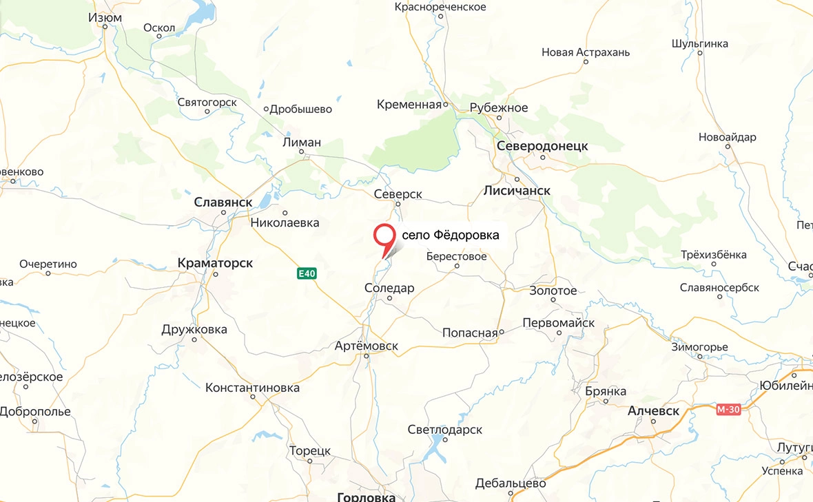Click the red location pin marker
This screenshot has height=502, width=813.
pos(384,236)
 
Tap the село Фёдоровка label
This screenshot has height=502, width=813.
pos(450,236)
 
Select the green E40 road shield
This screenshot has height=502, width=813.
pos(307,273)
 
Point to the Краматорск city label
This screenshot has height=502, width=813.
pos(215,263)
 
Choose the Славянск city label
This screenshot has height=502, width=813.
pos(223,202)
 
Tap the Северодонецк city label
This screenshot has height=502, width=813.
pos(542,146)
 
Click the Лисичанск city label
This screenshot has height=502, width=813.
pos(517,190)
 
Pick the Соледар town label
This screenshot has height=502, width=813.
pos(389,288)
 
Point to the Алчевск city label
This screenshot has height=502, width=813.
pos(653,411)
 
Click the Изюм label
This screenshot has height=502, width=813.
pos(105,17)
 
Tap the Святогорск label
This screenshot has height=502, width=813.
pos(207,103)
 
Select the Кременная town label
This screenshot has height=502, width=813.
pos(409,105)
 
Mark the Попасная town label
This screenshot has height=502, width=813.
pos(469,333)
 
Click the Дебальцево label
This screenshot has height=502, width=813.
pos(511,483)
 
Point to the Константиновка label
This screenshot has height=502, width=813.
pos(252,388)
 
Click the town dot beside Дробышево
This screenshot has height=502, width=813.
pos(267,109)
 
